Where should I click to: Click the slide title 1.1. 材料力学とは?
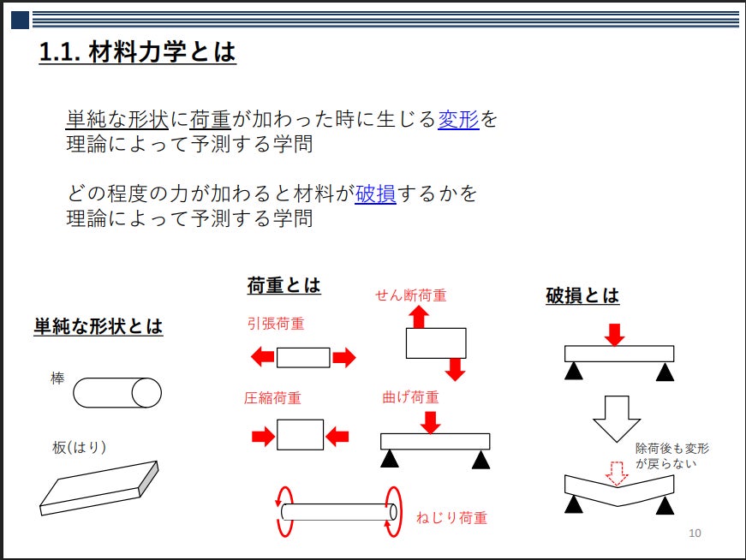pyautogui.click(x=137, y=53)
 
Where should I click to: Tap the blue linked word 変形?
pyautogui.click(x=458, y=119)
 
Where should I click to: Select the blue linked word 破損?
pyautogui.click(x=375, y=194)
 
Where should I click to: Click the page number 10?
pyautogui.click(x=695, y=534)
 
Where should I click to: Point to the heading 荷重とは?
pyautogui.click(x=283, y=286)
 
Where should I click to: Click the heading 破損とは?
pyautogui.click(x=582, y=296)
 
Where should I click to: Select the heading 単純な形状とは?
pyautogui.click(x=98, y=326)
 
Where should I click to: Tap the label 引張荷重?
pyautogui.click(x=276, y=325)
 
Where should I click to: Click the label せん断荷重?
pyautogui.click(x=411, y=295)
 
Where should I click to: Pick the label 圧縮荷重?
pyautogui.click(x=273, y=398)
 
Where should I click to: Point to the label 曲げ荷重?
pyautogui.click(x=410, y=397)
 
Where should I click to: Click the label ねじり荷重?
pyautogui.click(x=451, y=517)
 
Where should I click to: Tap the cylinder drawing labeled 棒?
pyautogui.click(x=117, y=393)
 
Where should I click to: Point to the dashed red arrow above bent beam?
pyautogui.click(x=616, y=473)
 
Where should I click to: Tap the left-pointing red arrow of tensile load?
pyautogui.click(x=262, y=357)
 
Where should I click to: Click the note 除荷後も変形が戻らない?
pyautogui.click(x=671, y=456)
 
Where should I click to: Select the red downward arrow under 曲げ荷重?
pyautogui.click(x=432, y=421)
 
